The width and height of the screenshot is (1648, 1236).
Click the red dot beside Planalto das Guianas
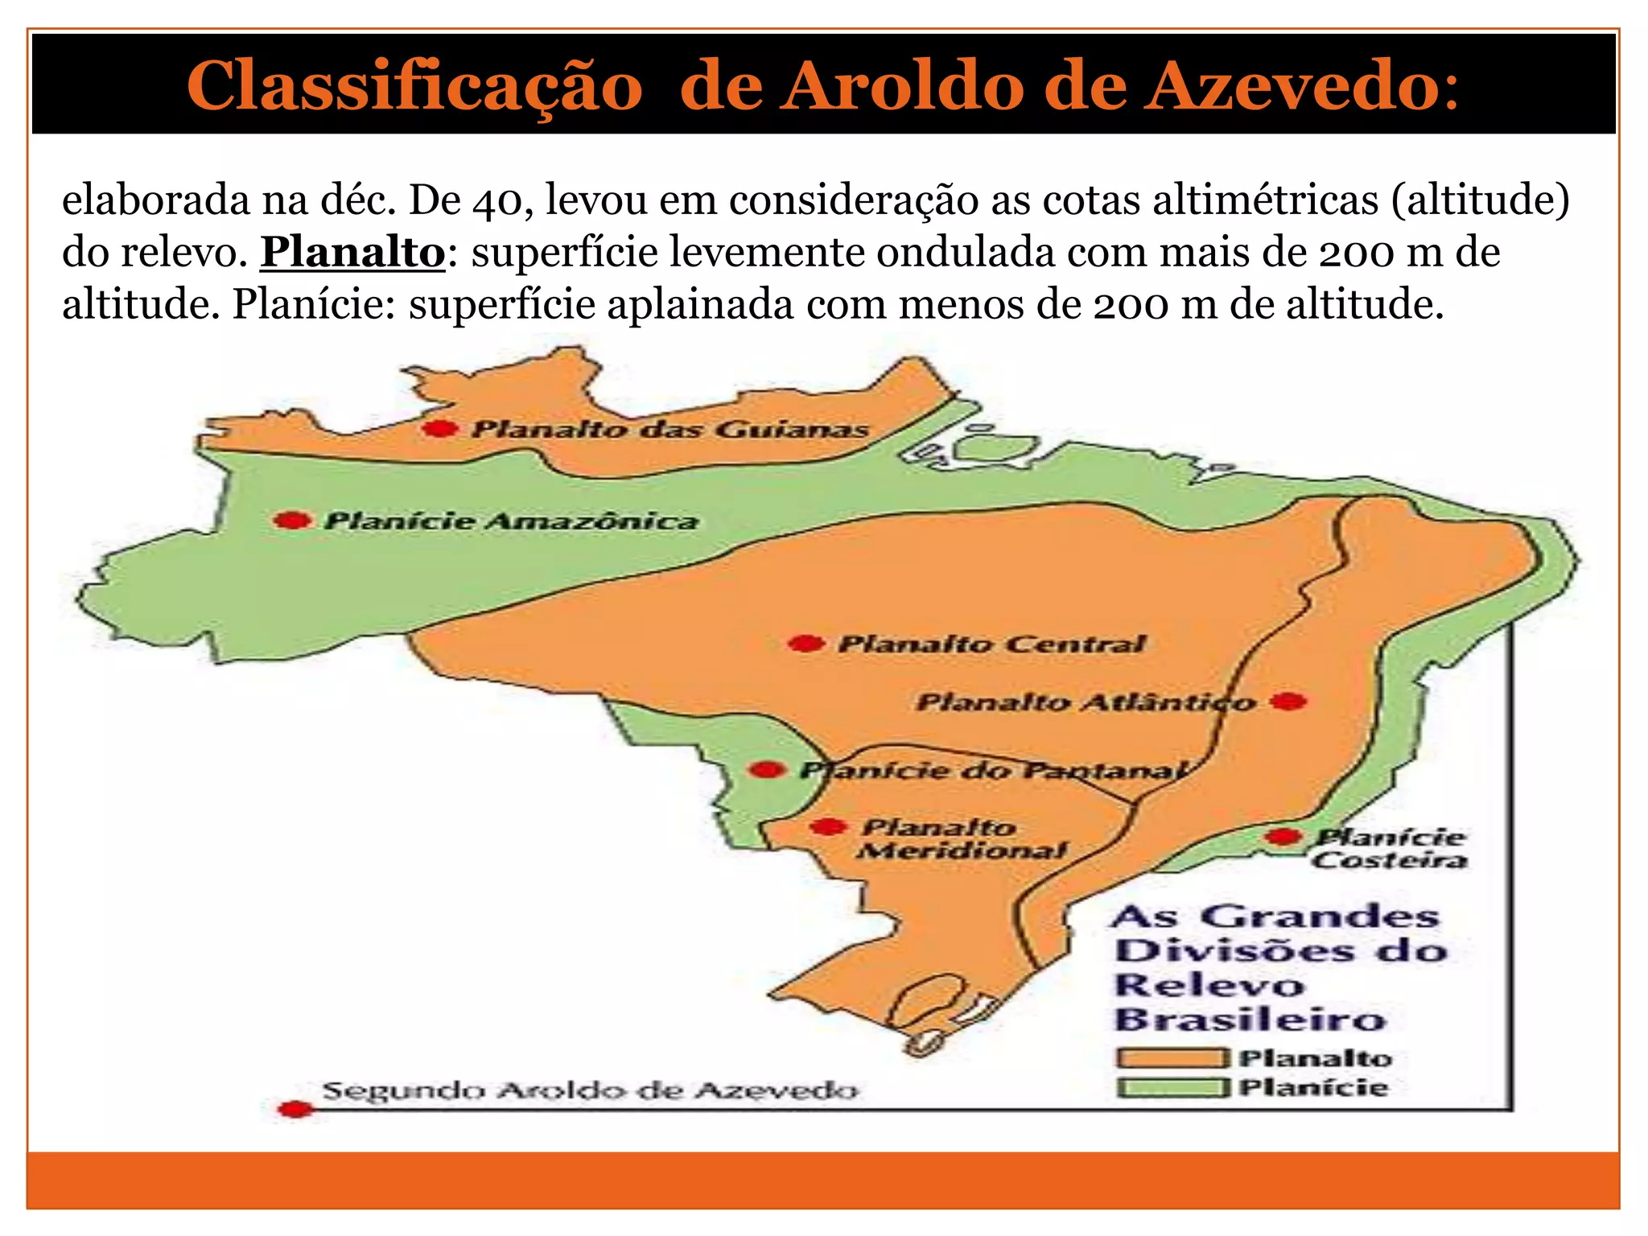[440, 429]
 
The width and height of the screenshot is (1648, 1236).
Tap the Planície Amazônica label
[511, 521]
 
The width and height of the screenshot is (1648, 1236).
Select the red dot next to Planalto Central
[805, 644]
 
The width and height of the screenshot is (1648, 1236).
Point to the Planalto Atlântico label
[1085, 702]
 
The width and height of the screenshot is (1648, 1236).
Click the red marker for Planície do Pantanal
[767, 770]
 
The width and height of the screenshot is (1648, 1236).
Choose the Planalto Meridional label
[961, 839]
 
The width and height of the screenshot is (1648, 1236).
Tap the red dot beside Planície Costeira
[1283, 837]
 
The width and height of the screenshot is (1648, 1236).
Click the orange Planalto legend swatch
[1172, 1058]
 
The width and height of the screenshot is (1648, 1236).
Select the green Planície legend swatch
[1172, 1089]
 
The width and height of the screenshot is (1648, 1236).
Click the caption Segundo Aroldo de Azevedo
[590, 1091]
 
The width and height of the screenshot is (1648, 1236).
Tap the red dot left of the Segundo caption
[296, 1110]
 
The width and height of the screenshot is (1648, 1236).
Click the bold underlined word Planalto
[352, 253]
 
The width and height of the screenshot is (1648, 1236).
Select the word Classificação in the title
[414, 85]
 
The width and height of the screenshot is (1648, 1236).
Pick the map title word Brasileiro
[1250, 1020]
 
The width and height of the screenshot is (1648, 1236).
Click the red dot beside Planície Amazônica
[292, 521]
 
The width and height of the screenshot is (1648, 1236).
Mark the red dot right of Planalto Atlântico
[1289, 702]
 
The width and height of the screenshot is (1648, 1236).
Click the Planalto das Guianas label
[669, 429]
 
